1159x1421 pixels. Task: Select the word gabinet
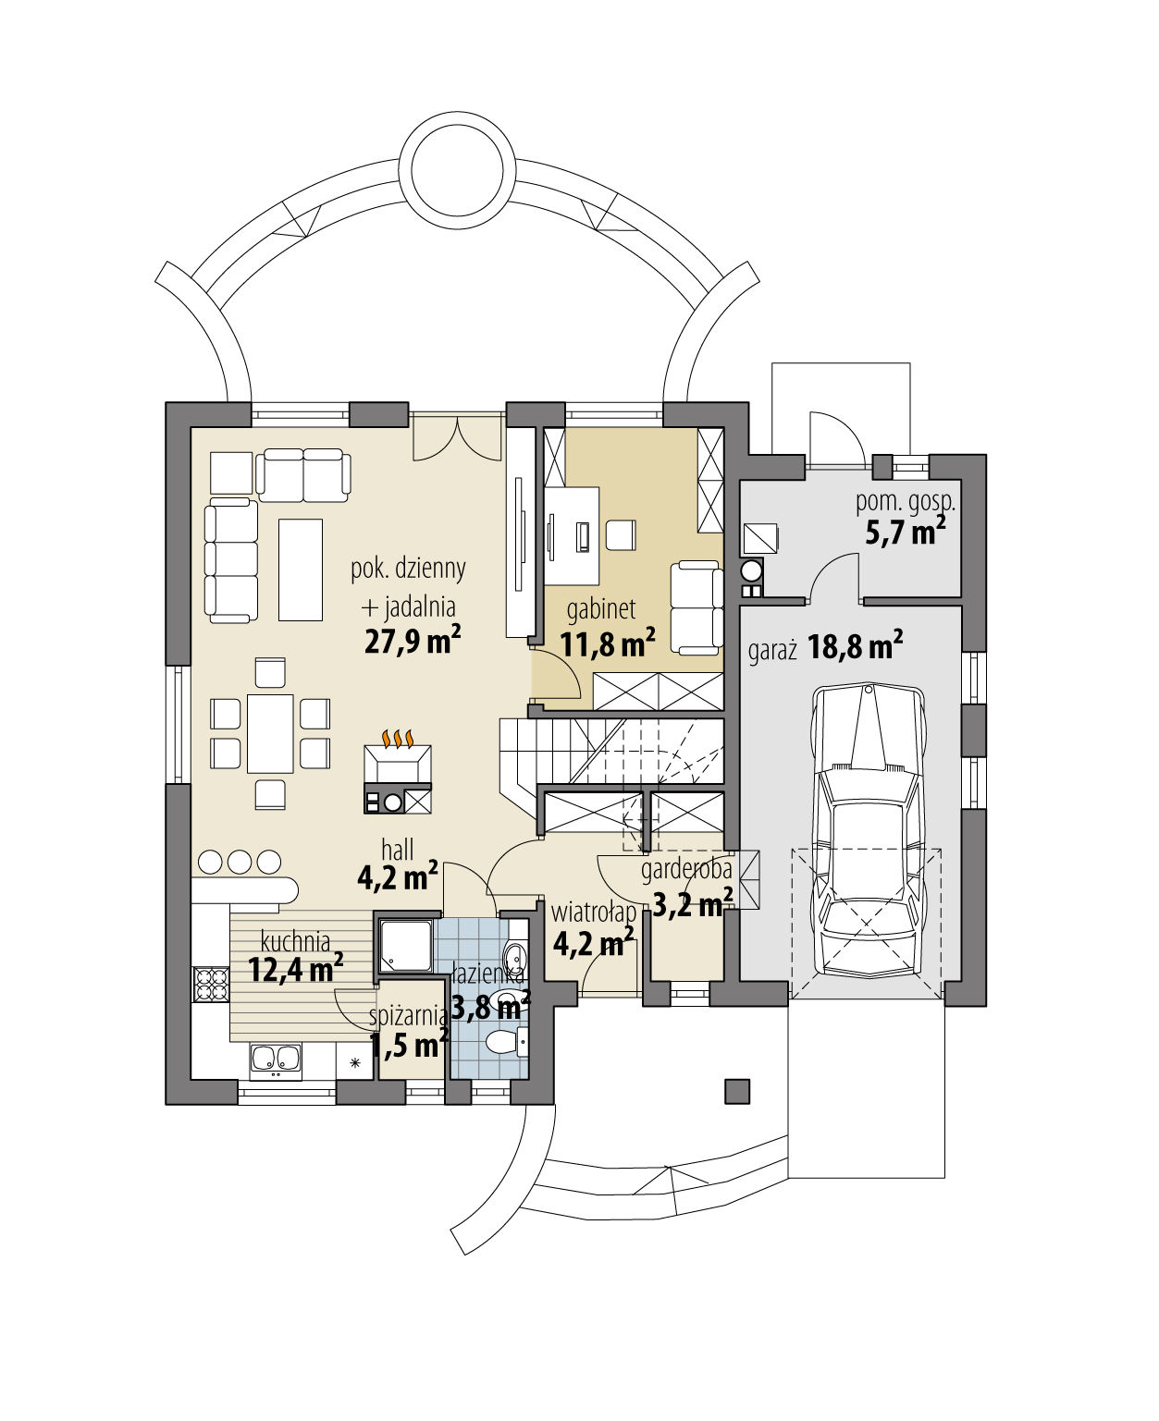601,609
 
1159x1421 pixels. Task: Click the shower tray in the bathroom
405,946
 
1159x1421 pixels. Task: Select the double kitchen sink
275,1060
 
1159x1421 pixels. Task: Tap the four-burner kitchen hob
210,985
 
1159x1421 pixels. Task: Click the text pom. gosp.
905,502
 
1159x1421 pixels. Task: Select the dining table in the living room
270,733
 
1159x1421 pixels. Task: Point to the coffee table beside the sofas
301,569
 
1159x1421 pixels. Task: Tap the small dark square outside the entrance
737,1091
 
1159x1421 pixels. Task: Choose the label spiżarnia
408,1015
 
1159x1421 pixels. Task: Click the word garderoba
686,869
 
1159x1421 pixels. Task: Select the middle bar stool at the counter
240,862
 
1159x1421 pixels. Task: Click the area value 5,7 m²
905,533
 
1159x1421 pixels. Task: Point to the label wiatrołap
594,913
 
